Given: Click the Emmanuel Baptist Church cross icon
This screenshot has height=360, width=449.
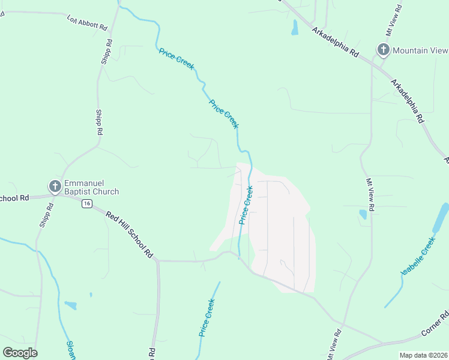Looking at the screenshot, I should pyautogui.click(x=55, y=186).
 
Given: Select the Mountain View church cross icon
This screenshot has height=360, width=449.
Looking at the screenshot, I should pyautogui.click(x=382, y=50).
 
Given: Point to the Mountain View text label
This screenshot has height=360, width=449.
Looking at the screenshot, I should pyautogui.click(x=420, y=50).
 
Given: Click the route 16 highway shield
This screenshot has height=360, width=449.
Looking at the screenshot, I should pyautogui.click(x=88, y=204).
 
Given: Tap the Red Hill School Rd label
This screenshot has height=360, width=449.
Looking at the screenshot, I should pyautogui.click(x=130, y=233).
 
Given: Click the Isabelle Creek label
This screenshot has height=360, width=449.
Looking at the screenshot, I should pyautogui.click(x=418, y=257).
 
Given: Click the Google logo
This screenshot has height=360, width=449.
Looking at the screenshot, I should pyautogui.click(x=20, y=353).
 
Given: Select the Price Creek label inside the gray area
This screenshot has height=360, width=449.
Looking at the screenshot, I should pyautogui.click(x=246, y=205).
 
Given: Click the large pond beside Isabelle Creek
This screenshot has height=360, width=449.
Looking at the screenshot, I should pyautogui.click(x=441, y=217).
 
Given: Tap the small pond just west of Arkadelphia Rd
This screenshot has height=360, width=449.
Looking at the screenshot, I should pyautogui.click(x=295, y=27).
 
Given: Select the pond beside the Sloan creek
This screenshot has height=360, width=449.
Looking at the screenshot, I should pyautogui.click(x=71, y=305).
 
